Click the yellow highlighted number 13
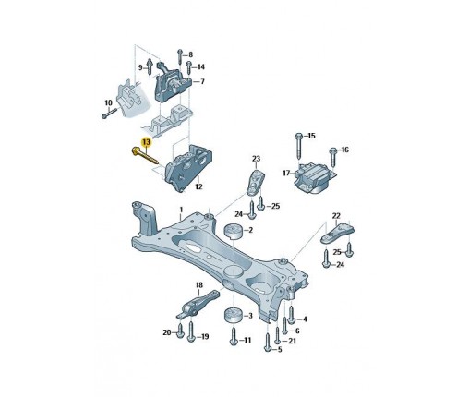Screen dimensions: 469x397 point(146,142)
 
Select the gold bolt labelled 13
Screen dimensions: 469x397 point(144,156)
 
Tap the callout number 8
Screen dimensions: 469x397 point(191,54)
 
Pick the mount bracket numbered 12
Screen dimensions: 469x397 point(188,168)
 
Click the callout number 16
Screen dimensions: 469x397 point(344,150)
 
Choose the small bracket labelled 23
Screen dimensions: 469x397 point(256,182)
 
